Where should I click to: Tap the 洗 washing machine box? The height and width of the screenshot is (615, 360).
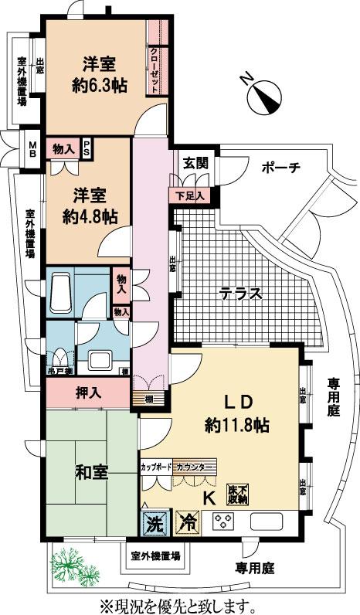(x=152, y=522)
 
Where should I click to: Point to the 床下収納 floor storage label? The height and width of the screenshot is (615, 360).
(x=238, y=493)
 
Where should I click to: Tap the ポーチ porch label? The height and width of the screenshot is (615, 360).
(x=280, y=168)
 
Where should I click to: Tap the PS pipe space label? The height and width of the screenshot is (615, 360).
(x=87, y=148)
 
